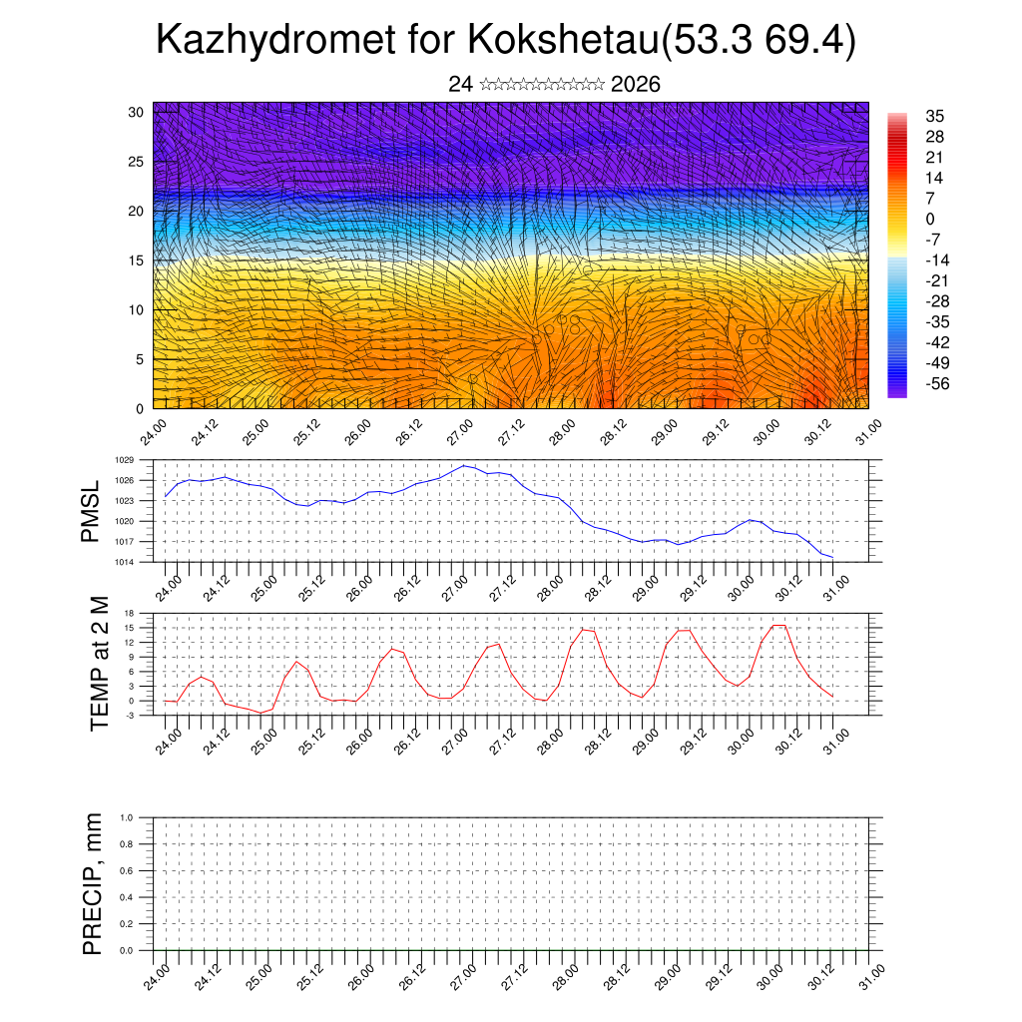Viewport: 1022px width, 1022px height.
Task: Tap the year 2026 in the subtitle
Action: tap(635, 85)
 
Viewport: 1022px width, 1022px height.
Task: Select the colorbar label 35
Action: tap(935, 116)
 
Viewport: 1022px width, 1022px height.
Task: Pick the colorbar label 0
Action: tap(930, 219)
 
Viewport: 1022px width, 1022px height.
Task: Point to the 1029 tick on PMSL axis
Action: tap(124, 461)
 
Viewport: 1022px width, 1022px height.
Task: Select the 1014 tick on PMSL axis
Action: tap(124, 562)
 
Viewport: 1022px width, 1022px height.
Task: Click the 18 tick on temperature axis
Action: tap(129, 613)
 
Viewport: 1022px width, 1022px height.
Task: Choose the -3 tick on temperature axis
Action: tap(129, 716)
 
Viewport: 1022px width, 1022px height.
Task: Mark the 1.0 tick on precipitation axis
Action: tap(127, 817)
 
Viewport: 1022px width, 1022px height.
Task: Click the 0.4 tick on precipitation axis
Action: tap(127, 897)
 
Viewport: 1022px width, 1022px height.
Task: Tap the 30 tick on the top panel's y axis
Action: tap(135, 112)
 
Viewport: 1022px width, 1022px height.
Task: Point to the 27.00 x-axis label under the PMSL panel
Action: tap(460, 586)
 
